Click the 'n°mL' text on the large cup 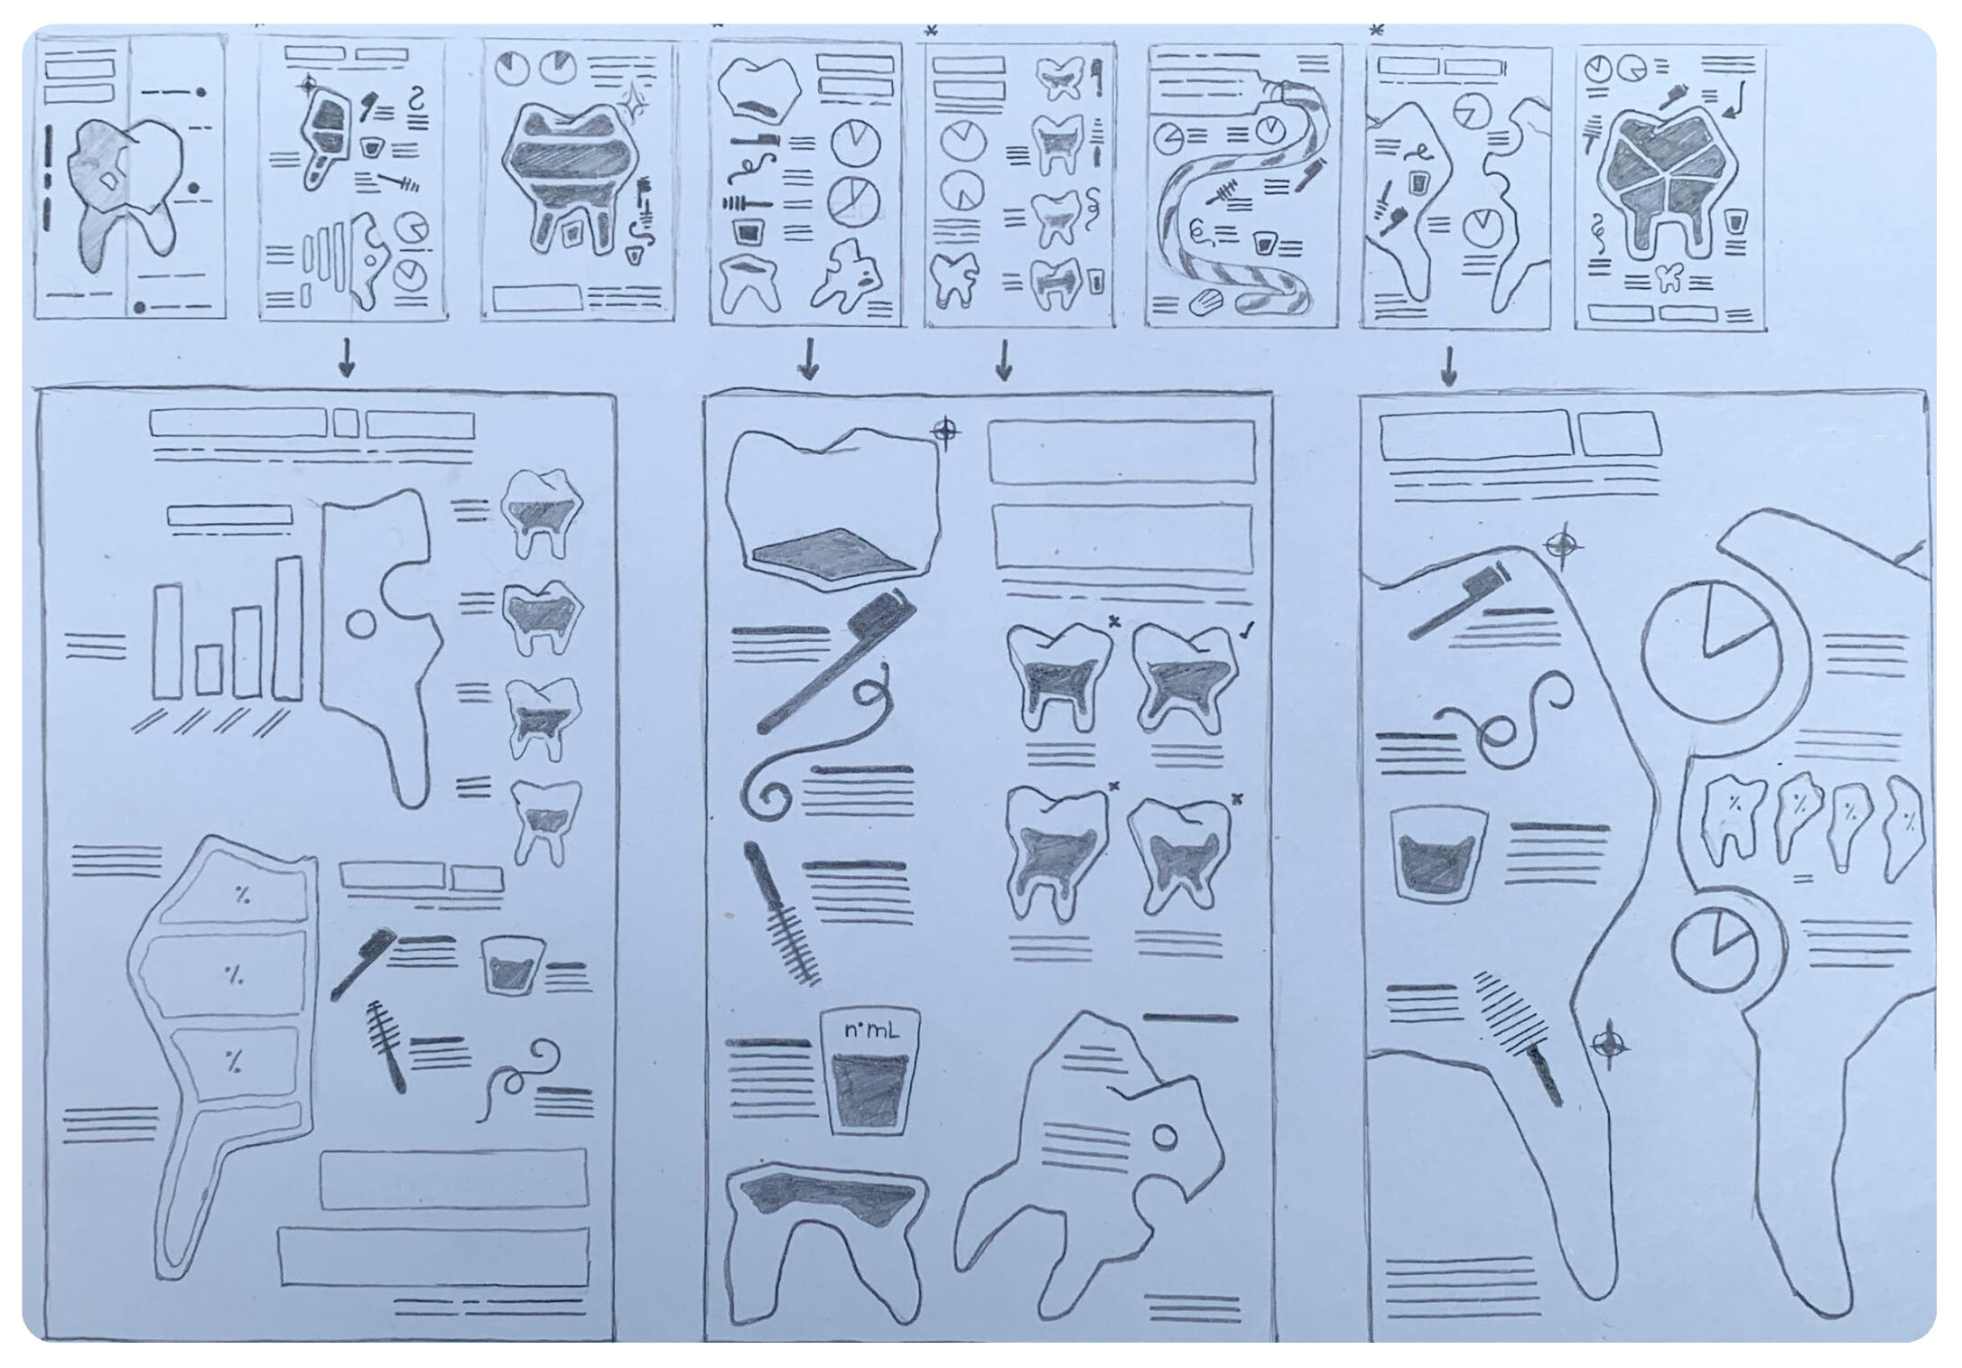(870, 1030)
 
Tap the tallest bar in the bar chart (289, 628)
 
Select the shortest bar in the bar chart (209, 669)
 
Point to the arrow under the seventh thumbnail (1448, 366)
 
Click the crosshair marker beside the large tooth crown (945, 433)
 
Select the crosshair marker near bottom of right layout (1609, 1046)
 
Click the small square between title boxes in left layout (346, 423)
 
